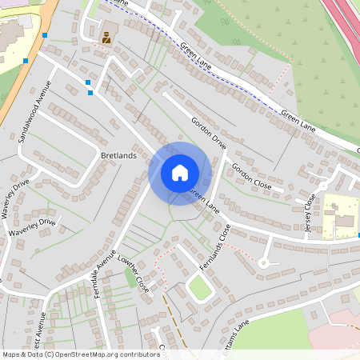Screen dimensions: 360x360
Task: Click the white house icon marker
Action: (180, 172)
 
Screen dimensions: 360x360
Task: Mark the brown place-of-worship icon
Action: (106, 36)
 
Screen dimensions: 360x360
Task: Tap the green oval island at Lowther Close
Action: (200, 288)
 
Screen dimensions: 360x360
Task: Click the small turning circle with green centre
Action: (263, 262)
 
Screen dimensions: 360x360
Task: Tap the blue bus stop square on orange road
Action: (26, 60)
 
